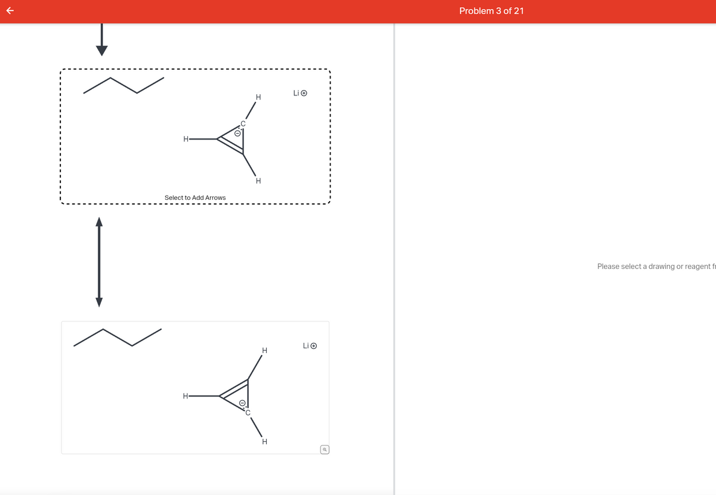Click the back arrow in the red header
(x=8, y=11)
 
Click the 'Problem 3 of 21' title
(x=492, y=11)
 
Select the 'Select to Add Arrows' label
(x=195, y=197)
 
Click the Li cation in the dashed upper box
(x=300, y=93)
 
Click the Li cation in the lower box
(x=309, y=345)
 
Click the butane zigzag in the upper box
(x=124, y=85)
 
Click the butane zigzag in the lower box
(x=118, y=337)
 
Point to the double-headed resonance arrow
(x=100, y=262)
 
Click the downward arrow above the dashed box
(x=102, y=39)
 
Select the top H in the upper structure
(x=258, y=97)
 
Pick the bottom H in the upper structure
(x=258, y=181)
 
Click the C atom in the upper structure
(x=243, y=125)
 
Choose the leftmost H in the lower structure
(x=186, y=395)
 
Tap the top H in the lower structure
(x=264, y=350)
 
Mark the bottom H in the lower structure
(x=264, y=441)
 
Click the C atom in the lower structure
(x=248, y=412)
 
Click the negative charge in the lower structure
(x=242, y=403)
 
